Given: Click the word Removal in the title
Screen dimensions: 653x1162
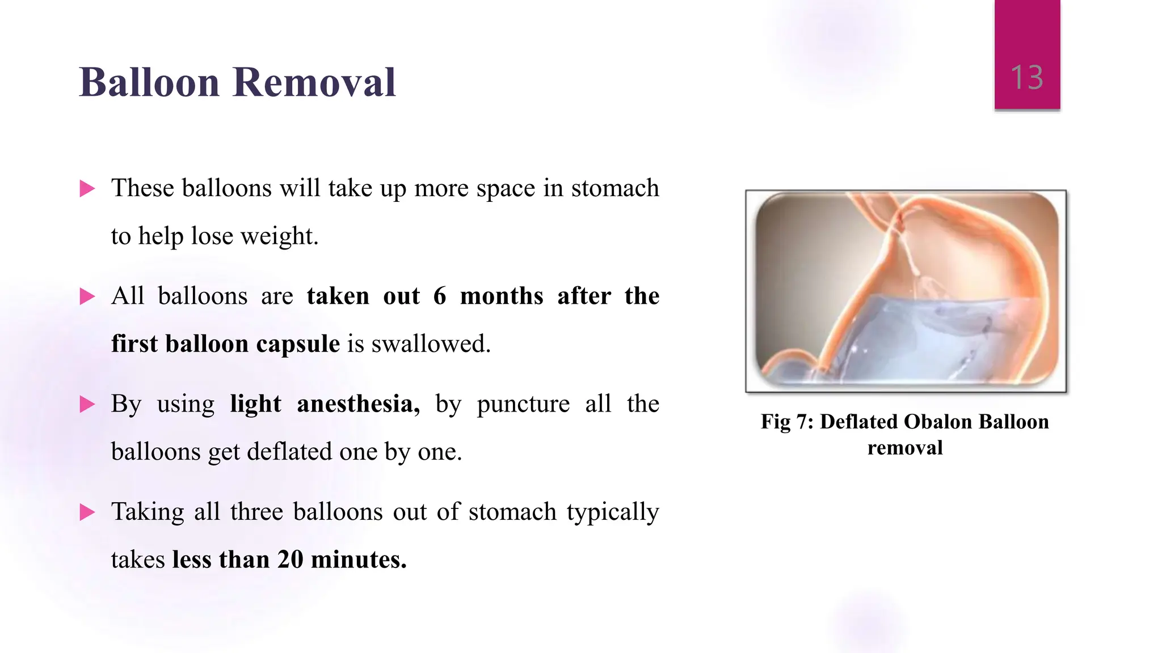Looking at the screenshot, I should click(314, 83).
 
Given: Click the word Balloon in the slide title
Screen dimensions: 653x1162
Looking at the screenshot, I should click(149, 83).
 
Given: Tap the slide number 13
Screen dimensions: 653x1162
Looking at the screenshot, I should click(1026, 77).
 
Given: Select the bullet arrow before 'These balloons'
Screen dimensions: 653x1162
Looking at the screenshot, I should click(87, 188).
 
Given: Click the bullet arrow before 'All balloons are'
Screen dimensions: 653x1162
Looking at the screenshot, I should click(87, 296).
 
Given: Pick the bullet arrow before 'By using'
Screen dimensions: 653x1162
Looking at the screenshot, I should click(87, 404).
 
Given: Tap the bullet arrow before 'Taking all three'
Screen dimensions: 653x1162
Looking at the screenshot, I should click(87, 512).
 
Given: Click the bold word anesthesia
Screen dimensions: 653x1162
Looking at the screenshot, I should click(358, 404).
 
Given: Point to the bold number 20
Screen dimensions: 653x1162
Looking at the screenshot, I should click(290, 559).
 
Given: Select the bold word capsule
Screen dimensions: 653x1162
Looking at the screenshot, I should click(298, 344).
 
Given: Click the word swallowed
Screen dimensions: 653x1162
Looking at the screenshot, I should click(431, 344).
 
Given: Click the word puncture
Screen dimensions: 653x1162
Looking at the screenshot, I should click(523, 404).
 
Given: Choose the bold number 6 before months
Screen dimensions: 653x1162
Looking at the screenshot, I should click(440, 296).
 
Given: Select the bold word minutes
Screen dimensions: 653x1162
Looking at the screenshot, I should click(359, 559).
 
